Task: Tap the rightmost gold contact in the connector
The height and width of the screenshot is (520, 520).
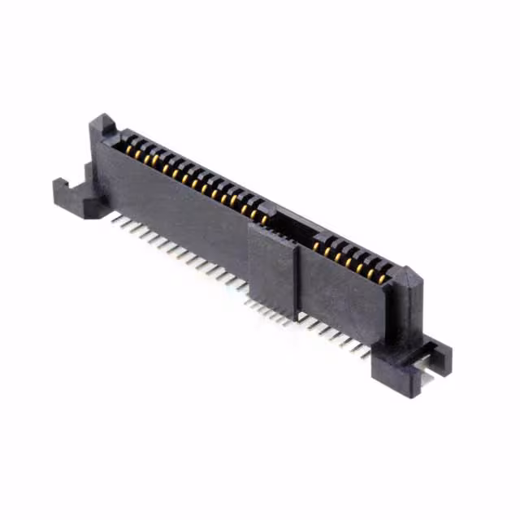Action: pos(382,279)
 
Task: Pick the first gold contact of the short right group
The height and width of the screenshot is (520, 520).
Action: pos(317,245)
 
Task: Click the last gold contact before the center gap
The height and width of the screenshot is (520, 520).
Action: pos(263,218)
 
